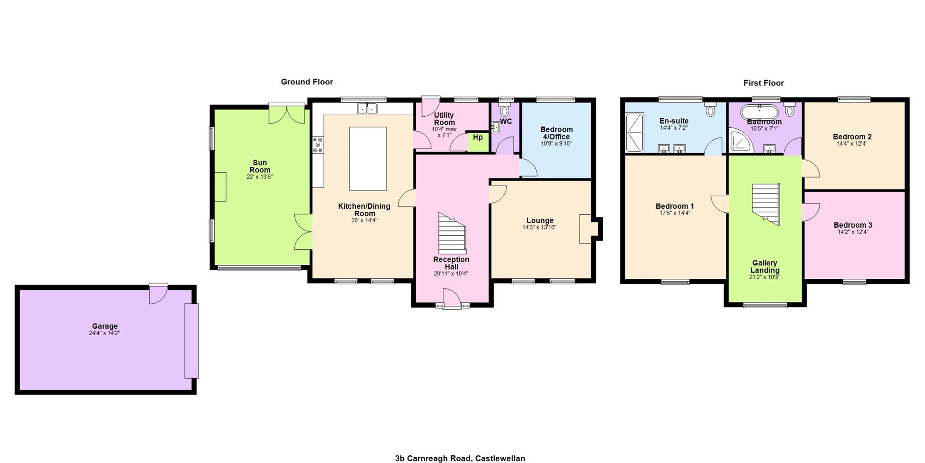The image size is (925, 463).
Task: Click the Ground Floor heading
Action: point(307,82)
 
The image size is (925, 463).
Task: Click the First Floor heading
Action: point(764,83)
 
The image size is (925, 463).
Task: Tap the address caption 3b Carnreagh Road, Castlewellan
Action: point(460,459)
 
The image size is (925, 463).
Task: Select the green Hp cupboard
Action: point(478,142)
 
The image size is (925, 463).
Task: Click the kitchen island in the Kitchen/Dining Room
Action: point(368,159)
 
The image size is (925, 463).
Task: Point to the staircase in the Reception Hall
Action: point(452,233)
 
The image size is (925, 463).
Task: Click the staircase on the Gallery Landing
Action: point(766,204)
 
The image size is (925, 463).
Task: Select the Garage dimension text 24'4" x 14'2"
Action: point(105,333)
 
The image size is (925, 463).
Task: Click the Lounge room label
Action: point(540,220)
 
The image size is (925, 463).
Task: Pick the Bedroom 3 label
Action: point(853,225)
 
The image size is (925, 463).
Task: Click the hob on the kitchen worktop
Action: point(318,145)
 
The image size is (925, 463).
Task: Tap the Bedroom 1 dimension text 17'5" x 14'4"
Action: point(675,213)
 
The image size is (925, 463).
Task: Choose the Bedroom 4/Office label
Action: point(556,133)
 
